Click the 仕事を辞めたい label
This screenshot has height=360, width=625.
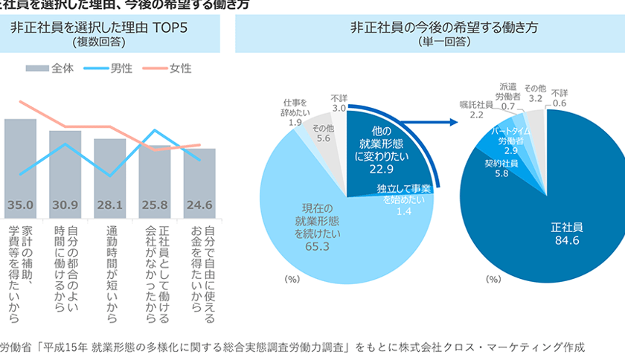click(x=295, y=107)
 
